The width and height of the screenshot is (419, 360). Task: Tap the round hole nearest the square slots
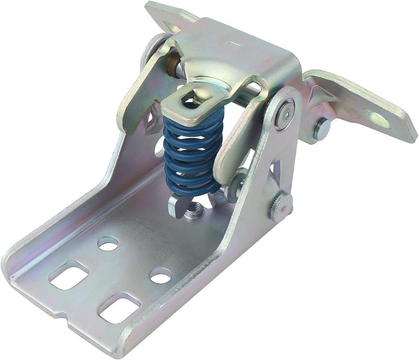[x=107, y=243]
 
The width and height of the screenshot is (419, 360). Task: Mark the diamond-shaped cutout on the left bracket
[x=152, y=116]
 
